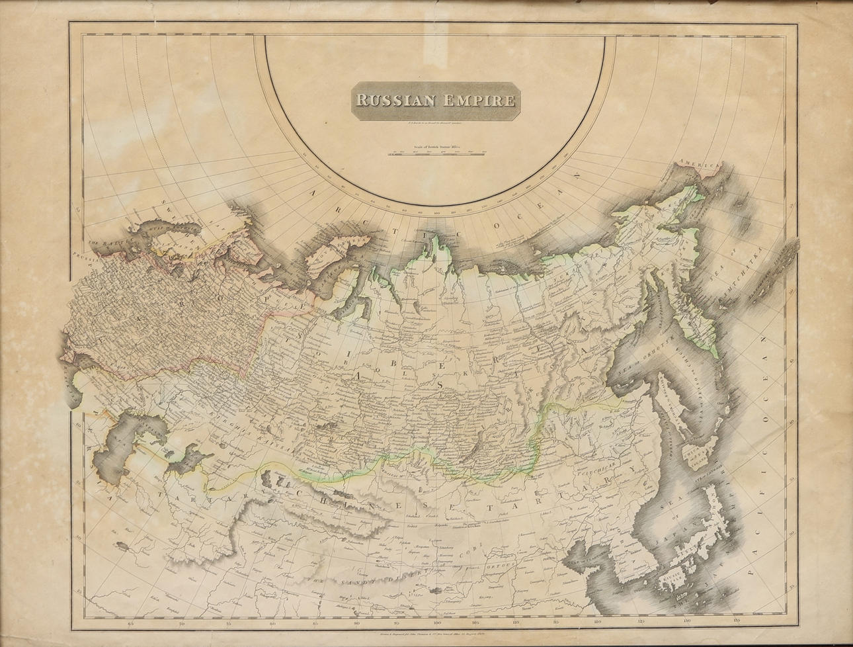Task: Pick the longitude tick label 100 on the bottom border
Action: pyautogui.click(x=437, y=623)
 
